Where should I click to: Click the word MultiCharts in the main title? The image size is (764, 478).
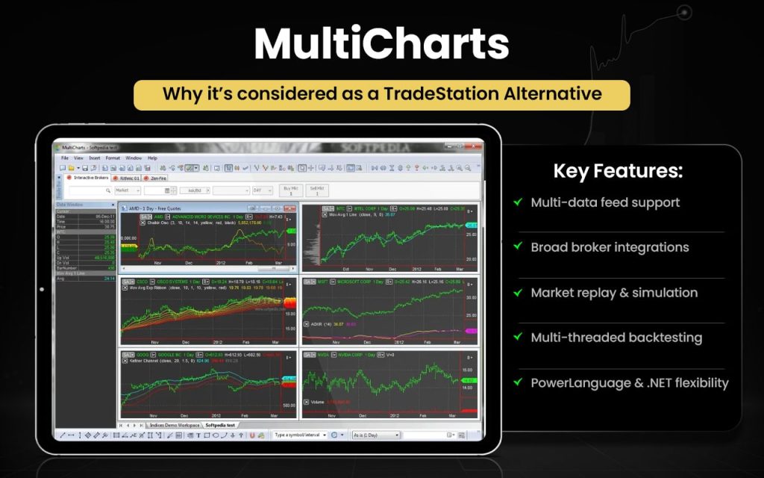click(381, 45)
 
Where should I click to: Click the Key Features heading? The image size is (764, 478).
click(618, 171)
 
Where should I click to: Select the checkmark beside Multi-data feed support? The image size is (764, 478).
click(518, 202)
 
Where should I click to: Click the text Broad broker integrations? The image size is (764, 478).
click(610, 247)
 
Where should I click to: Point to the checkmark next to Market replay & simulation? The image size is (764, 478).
click(518, 293)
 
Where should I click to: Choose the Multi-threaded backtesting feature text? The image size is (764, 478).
click(616, 338)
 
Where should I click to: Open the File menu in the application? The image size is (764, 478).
click(65, 158)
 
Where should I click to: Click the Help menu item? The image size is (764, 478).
click(152, 158)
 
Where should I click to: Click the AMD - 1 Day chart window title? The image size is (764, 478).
click(150, 208)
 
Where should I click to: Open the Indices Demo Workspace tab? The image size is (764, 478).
click(175, 425)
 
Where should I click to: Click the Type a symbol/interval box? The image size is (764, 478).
click(299, 435)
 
